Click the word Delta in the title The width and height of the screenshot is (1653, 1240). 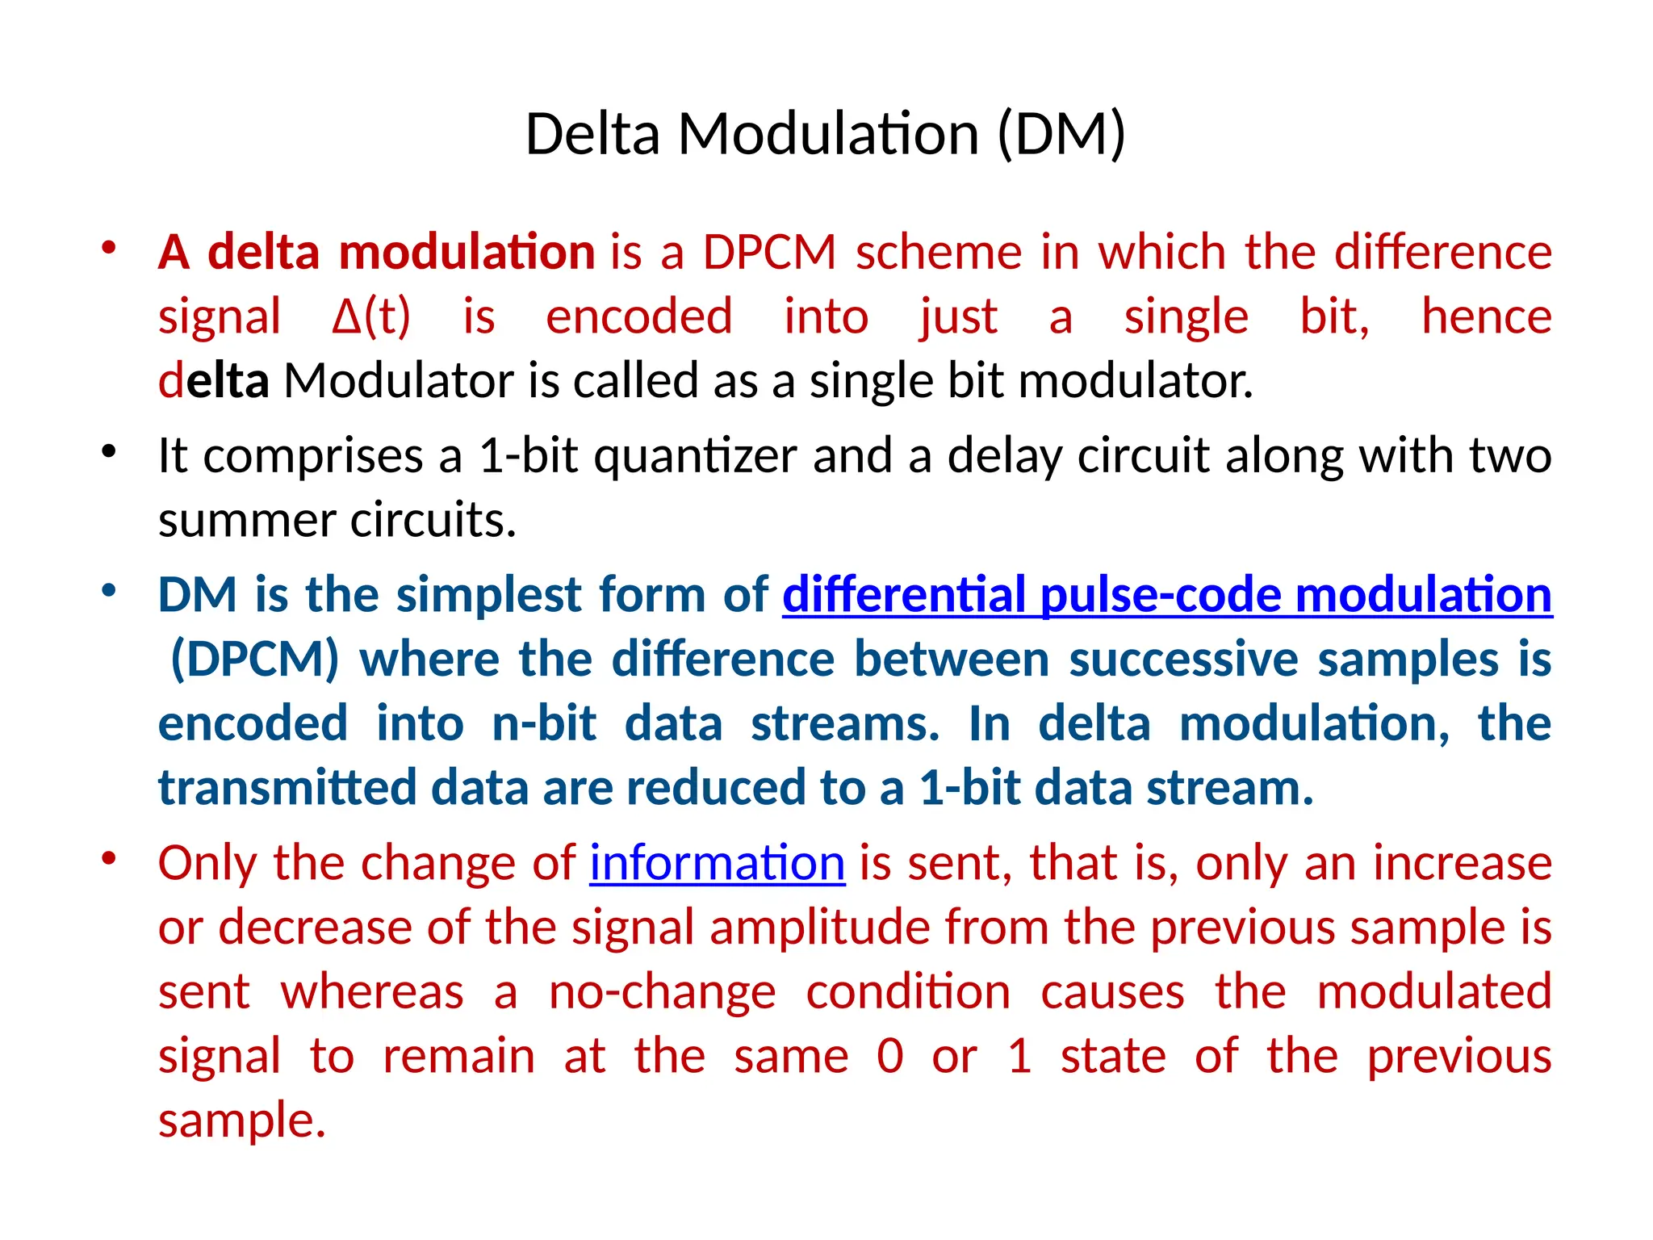(x=592, y=134)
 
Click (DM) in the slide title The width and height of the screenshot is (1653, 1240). (x=1061, y=134)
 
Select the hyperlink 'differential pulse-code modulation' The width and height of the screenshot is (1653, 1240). (x=1167, y=596)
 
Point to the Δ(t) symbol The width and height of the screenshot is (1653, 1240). (x=371, y=317)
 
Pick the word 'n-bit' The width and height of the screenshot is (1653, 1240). (x=544, y=724)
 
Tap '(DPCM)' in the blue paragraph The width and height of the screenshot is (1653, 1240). (x=255, y=660)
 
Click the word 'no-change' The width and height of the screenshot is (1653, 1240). (x=662, y=992)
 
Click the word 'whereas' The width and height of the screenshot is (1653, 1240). (x=372, y=992)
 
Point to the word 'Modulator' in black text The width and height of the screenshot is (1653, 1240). (x=399, y=381)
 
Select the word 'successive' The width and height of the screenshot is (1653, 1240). (x=1183, y=660)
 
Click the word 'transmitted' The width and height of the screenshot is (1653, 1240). (x=287, y=789)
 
